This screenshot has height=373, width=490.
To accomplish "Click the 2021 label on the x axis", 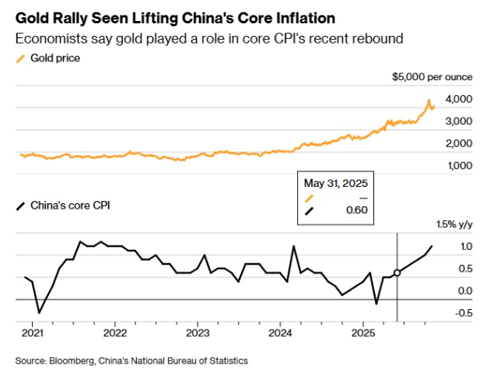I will [x=32, y=331].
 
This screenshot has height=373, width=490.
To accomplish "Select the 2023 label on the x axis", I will [x=197, y=331].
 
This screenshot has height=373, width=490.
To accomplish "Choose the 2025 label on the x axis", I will [x=362, y=331].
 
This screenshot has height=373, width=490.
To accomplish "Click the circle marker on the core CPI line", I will [x=397, y=273].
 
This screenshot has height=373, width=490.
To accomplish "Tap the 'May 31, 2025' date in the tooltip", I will [x=336, y=183].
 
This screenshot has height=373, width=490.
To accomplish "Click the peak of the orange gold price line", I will [x=429, y=100].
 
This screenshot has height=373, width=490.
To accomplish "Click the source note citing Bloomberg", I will [x=131, y=361].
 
